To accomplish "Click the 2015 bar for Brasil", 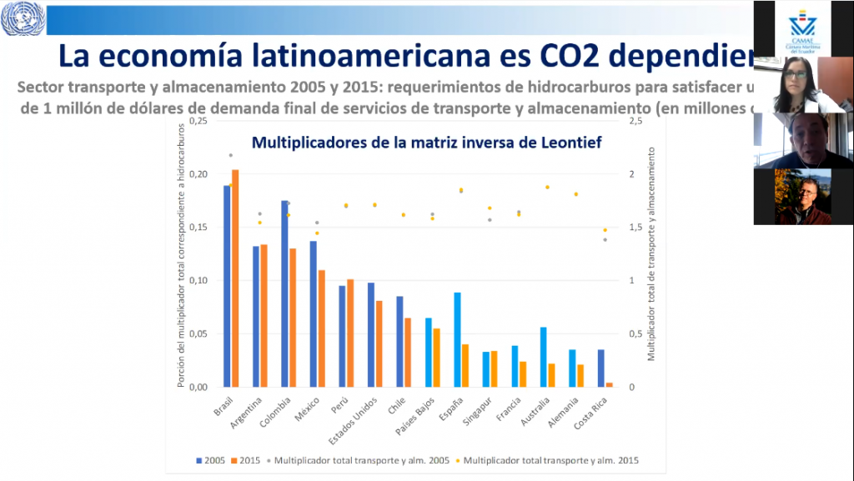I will [x=235, y=278].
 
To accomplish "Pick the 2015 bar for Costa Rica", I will [x=609, y=384].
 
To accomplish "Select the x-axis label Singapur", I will [x=478, y=414].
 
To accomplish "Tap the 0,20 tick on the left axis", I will [x=197, y=174].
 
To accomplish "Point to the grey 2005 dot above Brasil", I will [x=231, y=155].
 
